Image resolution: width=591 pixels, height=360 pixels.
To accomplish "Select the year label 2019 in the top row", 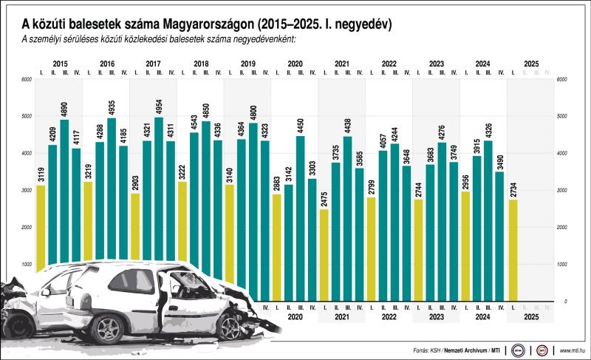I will pos(247,64).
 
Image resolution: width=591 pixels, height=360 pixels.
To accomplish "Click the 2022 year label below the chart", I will pos(389,316).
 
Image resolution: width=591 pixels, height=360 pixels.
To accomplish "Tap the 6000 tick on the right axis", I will pos(562,80).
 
